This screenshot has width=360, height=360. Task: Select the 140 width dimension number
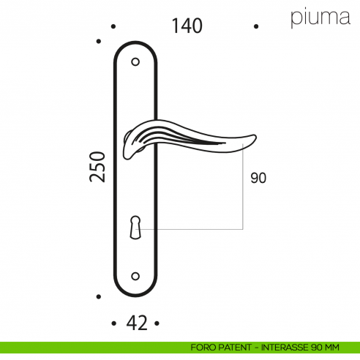tap(187, 26)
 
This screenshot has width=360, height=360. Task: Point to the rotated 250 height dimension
tap(100, 167)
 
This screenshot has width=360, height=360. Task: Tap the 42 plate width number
tap(135, 322)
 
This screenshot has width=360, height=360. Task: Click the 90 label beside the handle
tap(258, 178)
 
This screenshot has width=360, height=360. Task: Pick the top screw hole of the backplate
tap(135, 62)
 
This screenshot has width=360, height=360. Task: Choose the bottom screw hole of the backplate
tap(135, 276)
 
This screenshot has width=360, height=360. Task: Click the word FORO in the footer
tap(200, 348)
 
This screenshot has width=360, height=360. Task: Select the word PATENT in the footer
tap(233, 348)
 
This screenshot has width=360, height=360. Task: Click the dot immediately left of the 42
tap(113, 323)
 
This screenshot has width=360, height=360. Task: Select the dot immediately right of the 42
tap(157, 323)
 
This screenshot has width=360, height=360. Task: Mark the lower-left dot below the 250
tap(99, 296)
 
